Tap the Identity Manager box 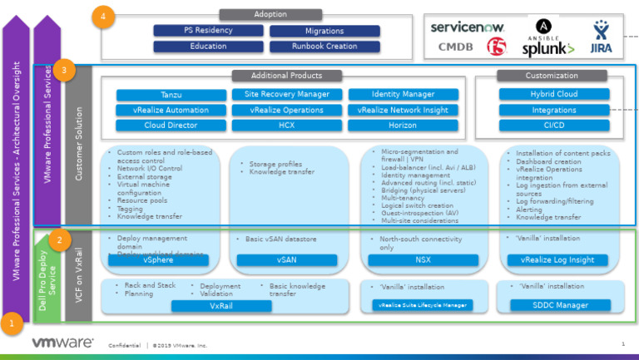coord(403,95)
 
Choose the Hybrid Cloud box coord(553,95)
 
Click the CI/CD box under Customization coord(553,126)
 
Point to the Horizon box coord(403,126)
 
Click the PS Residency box coord(208,31)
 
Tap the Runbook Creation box coord(324,47)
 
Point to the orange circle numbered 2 coord(57,241)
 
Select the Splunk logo coord(548,49)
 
